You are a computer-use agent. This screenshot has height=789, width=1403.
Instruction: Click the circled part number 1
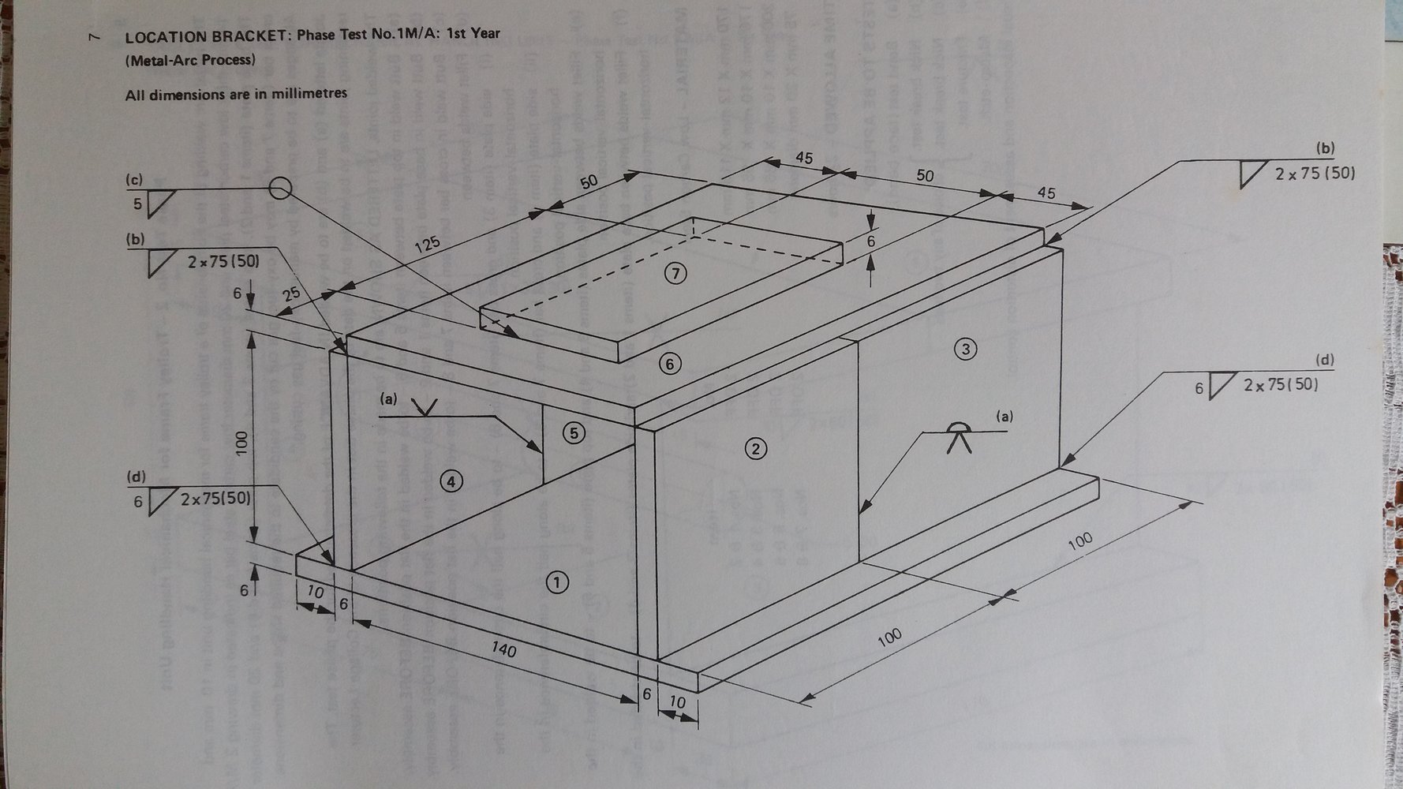(556, 582)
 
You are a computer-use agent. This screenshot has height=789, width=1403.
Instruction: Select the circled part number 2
(755, 449)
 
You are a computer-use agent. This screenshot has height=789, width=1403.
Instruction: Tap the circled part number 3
(965, 348)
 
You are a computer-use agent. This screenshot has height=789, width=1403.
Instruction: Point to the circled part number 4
(451, 481)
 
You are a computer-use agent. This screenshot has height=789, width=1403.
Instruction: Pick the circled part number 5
(574, 432)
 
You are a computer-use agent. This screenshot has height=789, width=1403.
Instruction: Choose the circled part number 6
(670, 364)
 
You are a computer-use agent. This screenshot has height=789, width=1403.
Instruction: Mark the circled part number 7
(675, 274)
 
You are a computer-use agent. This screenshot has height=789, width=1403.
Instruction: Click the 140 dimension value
(503, 649)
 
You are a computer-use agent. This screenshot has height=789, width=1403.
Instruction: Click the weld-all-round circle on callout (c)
(279, 189)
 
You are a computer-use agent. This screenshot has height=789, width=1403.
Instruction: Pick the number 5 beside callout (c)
(137, 204)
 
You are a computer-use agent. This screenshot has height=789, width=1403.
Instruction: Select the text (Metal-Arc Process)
(190, 60)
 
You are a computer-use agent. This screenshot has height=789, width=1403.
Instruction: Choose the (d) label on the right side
(1324, 361)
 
